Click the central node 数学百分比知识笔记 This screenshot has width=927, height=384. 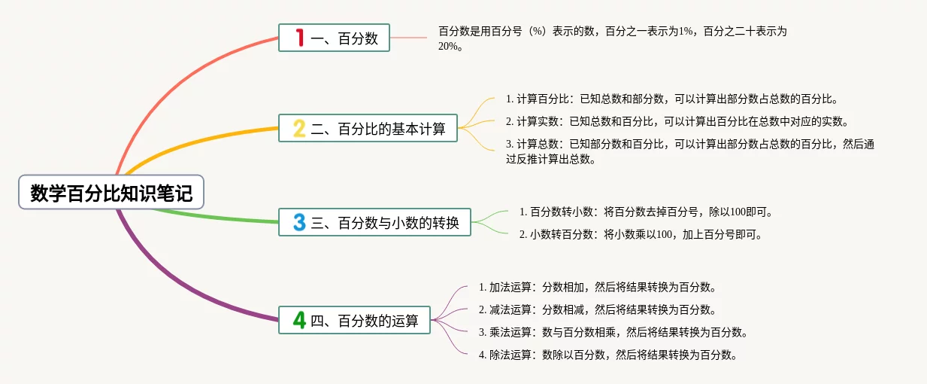point(111,192)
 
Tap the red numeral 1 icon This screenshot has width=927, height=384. point(300,38)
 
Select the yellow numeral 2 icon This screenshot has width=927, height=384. point(299,128)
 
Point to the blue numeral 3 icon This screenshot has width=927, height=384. point(299,222)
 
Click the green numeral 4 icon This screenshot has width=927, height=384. point(299,320)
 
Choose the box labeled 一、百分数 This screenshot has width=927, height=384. point(334,38)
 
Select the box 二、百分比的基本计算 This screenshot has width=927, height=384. point(368,128)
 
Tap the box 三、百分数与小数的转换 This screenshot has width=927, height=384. point(374,222)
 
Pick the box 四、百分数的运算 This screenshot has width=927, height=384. point(354,320)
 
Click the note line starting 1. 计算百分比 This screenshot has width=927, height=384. point(671,99)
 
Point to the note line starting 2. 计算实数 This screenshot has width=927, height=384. point(677,121)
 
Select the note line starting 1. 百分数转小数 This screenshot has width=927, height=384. point(646,212)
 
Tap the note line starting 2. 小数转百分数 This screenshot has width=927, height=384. point(641,234)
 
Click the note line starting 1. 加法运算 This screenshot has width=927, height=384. point(597,287)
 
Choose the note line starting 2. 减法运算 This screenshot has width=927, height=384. point(597,309)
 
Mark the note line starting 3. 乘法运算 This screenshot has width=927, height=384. point(613,332)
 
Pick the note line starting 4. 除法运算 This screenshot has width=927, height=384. point(608,355)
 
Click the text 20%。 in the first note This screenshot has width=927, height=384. point(450,47)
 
